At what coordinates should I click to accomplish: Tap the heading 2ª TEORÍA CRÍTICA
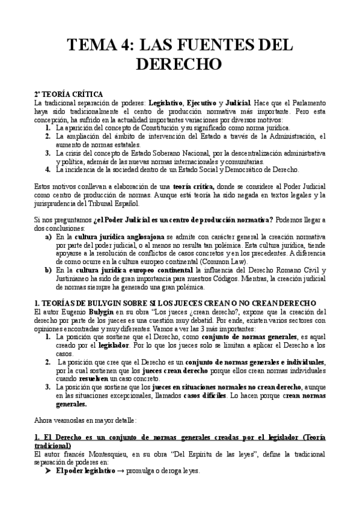69,94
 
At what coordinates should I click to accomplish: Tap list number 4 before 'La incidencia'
47,170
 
